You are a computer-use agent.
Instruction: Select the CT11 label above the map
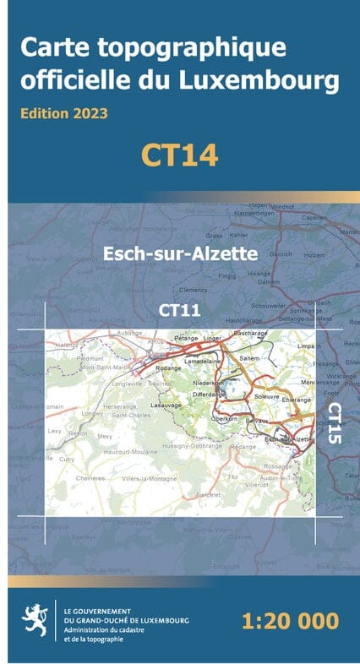[179, 311]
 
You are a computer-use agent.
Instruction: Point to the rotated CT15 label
[333, 423]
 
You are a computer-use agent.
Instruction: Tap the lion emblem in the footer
[37, 620]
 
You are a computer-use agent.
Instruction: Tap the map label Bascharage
[249, 333]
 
